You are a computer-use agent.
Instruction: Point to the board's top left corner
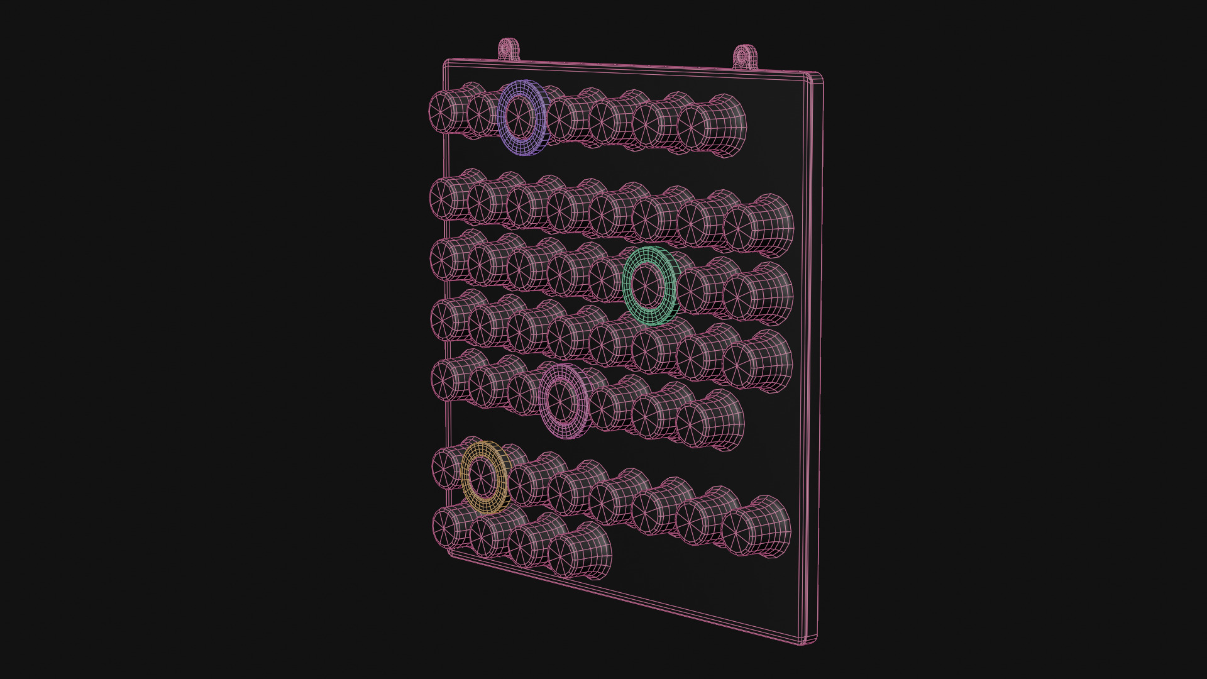446,62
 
